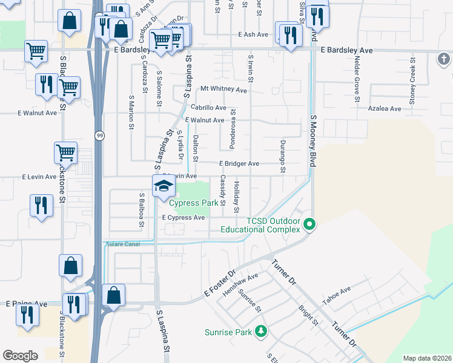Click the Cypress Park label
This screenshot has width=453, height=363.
click(x=193, y=203)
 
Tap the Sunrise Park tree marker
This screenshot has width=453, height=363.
click(x=261, y=332)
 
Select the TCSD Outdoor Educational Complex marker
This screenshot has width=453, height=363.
click(x=309, y=225)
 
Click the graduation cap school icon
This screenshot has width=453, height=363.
click(x=163, y=186)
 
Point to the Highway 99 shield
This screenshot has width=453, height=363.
click(x=98, y=136)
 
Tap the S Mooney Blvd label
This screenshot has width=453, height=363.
click(x=313, y=142)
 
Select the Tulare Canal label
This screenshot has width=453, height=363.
click(x=123, y=244)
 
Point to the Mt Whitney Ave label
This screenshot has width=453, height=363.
click(x=224, y=90)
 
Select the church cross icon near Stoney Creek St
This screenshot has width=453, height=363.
click(x=443, y=59)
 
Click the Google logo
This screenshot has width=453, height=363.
click(x=20, y=356)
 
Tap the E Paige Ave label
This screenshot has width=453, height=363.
click(x=26, y=304)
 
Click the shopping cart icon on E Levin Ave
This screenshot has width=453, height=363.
click(x=65, y=153)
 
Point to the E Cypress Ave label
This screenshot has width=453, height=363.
click(x=183, y=218)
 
